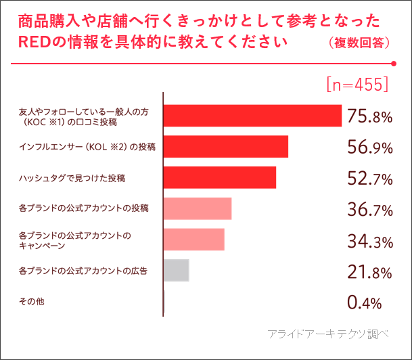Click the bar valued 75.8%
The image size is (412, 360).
coord(252,116)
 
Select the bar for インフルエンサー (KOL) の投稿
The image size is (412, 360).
coord(226,147)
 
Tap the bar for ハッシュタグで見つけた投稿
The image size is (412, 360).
coord(220,177)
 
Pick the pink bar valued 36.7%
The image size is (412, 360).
coord(198,208)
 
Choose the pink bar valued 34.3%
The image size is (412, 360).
coord(194,240)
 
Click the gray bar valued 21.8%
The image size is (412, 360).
coord(177,270)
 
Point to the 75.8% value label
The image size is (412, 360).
coord(369,116)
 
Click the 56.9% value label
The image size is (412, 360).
coord(369,148)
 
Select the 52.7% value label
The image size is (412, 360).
coord(369,178)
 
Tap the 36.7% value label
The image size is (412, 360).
coord(369,209)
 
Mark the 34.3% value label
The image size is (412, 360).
coord(369,240)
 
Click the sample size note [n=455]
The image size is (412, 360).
coord(357,83)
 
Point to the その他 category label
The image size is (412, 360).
coord(32,301)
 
